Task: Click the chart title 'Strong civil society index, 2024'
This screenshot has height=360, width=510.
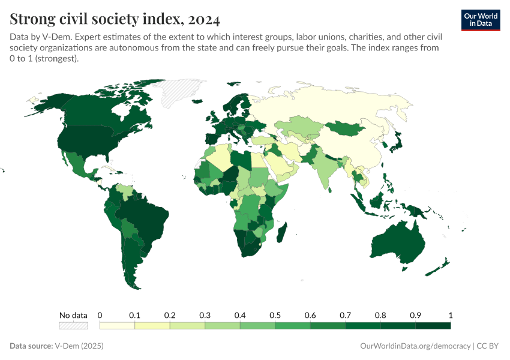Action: [x=115, y=19]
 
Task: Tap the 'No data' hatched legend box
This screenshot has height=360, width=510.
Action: [x=73, y=325]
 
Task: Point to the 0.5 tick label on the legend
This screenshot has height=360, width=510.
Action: [x=275, y=315]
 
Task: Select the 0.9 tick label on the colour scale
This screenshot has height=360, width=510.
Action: [x=415, y=315]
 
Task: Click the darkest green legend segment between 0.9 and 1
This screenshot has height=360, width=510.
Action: [x=433, y=325]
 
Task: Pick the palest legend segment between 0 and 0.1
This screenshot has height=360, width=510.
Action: [x=117, y=325]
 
